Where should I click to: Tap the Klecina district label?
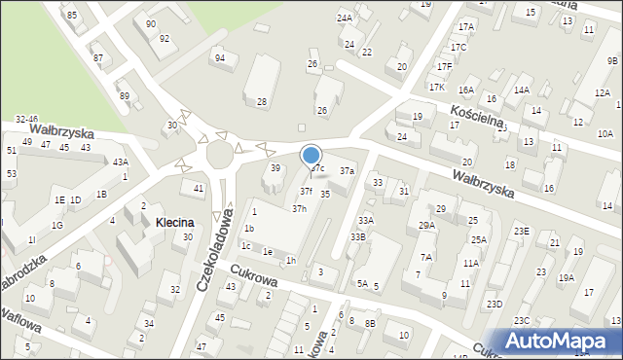click(173, 223)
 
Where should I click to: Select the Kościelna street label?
click(477, 115)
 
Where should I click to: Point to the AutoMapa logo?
click(558, 340)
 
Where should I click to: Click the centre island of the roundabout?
click(220, 156)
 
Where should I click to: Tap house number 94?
click(220, 58)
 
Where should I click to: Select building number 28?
click(262, 102)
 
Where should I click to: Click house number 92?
click(165, 38)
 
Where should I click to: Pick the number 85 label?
click(71, 15)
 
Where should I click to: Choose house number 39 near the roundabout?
click(275, 168)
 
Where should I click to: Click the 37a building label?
click(347, 171)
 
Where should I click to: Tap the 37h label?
click(300, 208)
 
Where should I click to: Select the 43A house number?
click(120, 162)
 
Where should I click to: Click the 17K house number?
click(437, 88)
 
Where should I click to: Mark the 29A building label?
click(426, 226)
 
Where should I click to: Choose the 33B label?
click(358, 236)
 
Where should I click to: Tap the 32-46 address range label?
click(26, 119)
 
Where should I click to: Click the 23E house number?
click(522, 231)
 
